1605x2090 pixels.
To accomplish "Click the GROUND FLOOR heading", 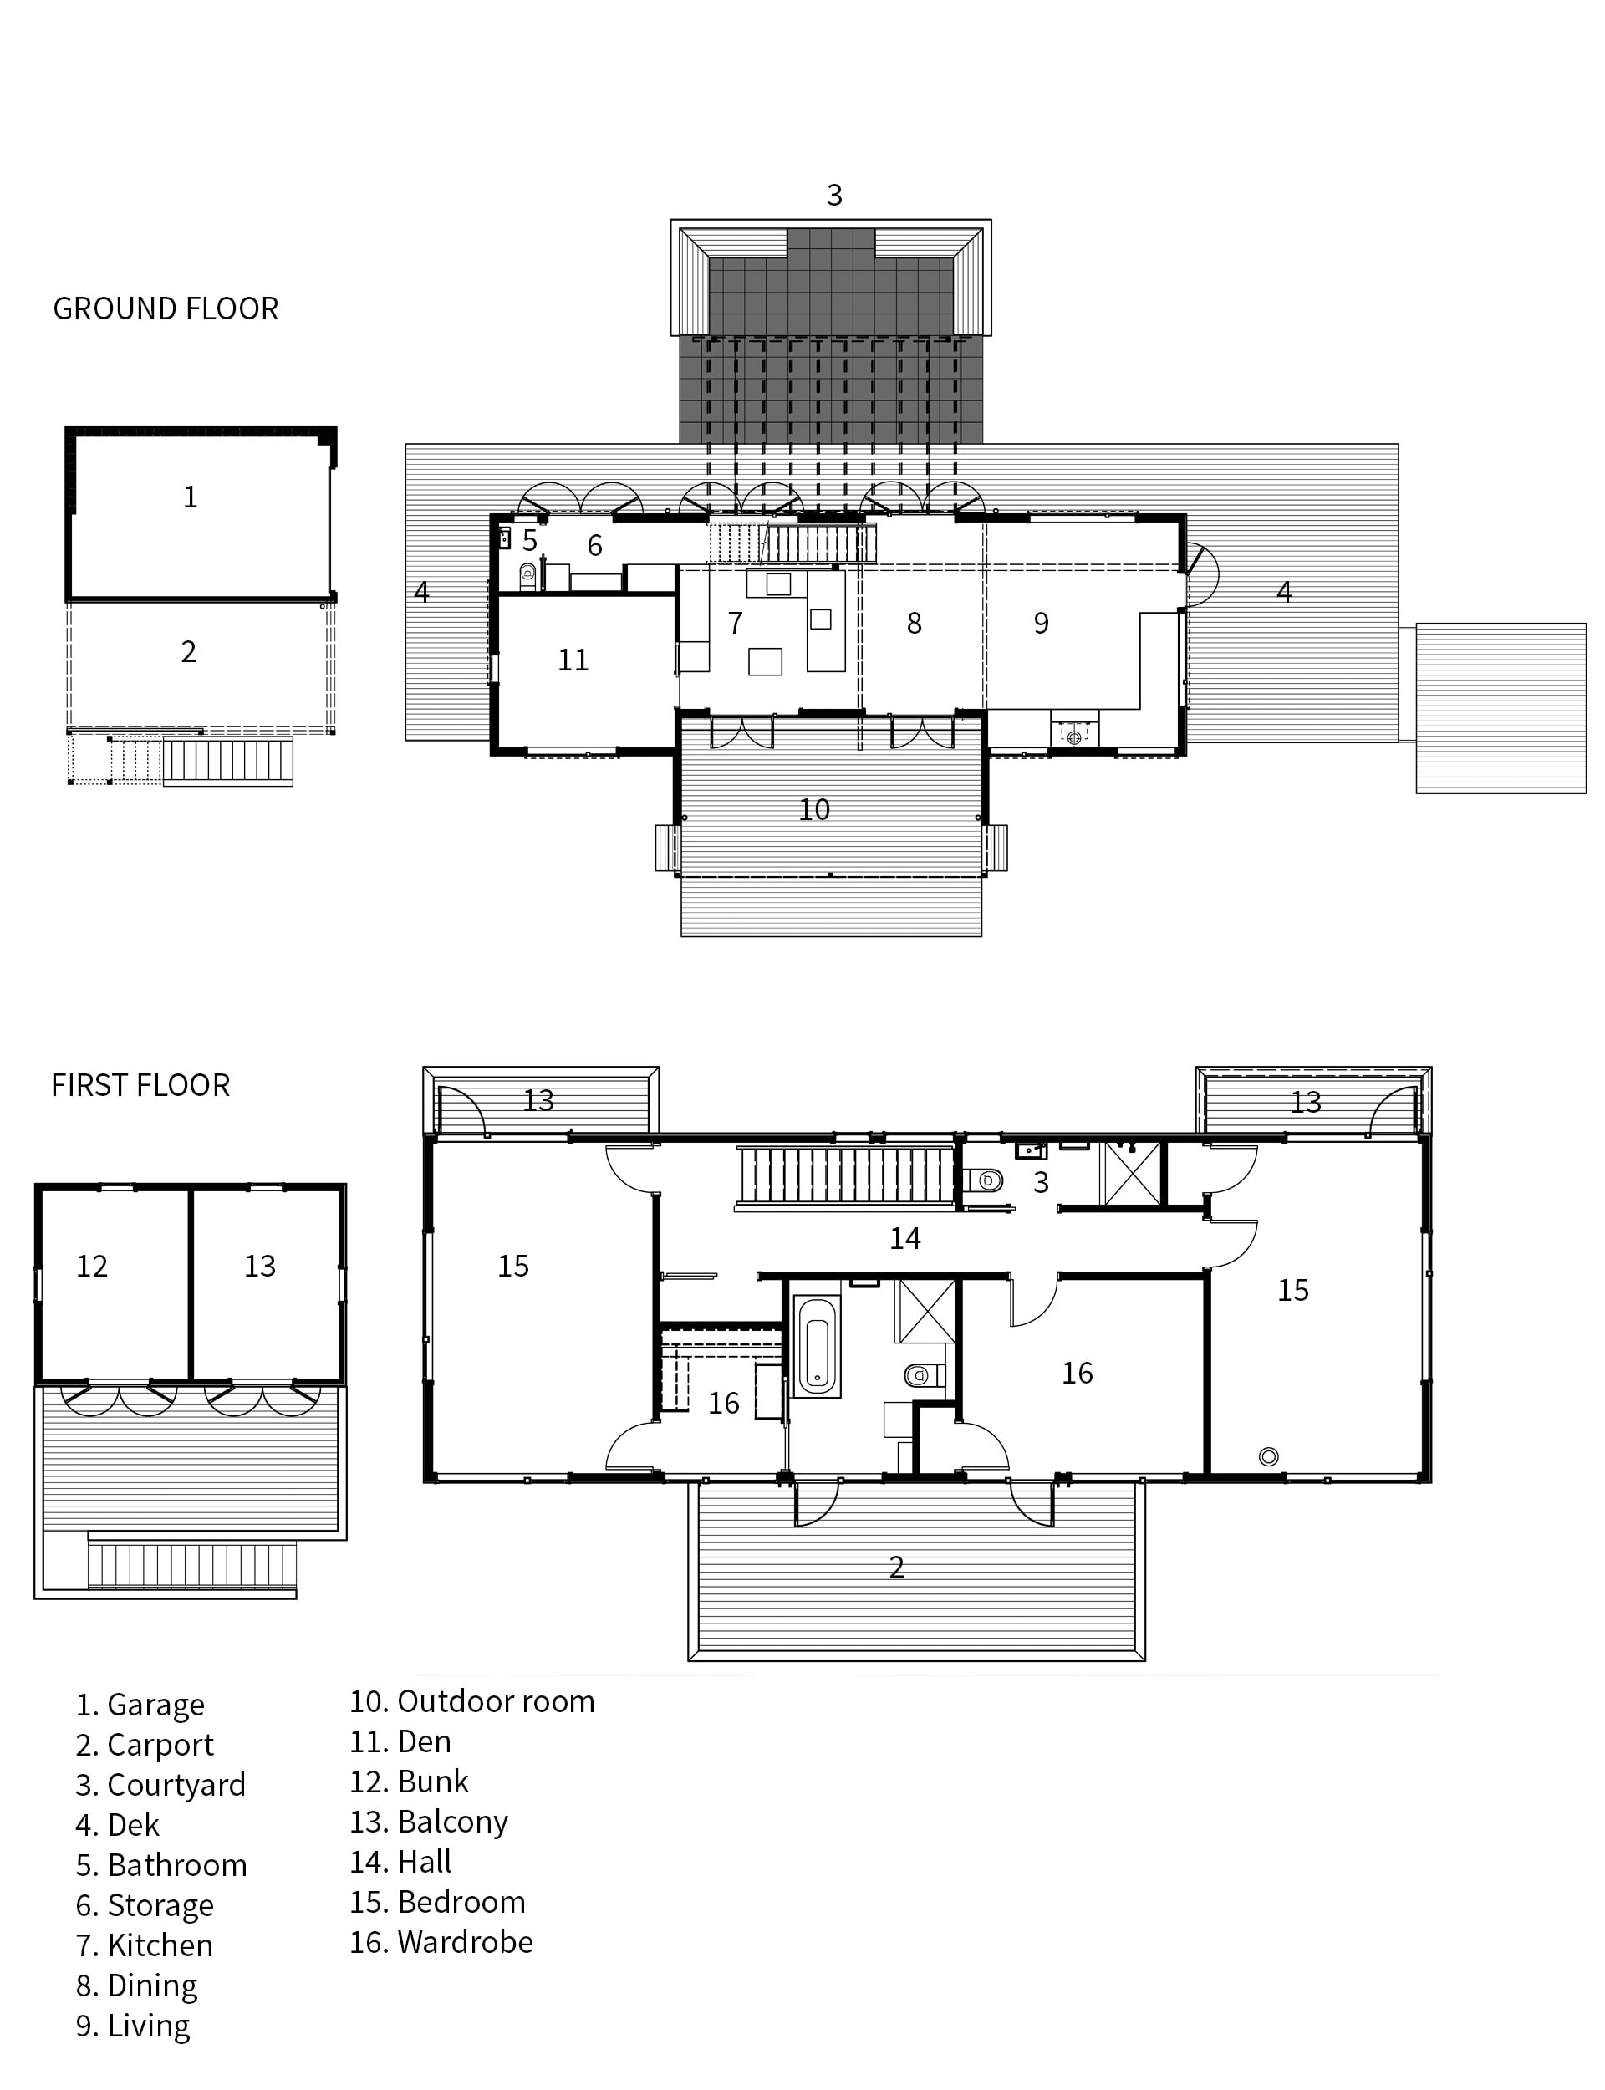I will [166, 308].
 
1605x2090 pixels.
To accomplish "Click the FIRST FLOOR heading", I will [140, 1085].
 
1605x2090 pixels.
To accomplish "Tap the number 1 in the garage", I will [190, 497].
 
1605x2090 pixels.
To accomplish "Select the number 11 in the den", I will [573, 660].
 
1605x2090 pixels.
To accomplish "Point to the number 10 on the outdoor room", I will [814, 810].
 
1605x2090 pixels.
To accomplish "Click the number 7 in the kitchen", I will [735, 624].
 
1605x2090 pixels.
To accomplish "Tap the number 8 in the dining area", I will [915, 624].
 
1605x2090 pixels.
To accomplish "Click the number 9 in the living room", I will [1042, 624].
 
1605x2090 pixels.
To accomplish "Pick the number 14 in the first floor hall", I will [904, 1239].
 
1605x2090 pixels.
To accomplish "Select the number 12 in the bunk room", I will [92, 1267].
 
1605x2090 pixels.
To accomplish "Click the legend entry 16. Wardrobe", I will [441, 1942].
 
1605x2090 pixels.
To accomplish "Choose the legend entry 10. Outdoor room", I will [472, 1701].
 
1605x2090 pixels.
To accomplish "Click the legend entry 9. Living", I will [133, 2026].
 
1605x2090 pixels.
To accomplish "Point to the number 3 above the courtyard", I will [834, 196].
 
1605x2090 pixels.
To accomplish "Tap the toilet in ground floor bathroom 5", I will [527, 574].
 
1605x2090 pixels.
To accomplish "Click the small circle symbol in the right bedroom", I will [1269, 1456].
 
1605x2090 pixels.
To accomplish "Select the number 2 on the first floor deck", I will [896, 1567].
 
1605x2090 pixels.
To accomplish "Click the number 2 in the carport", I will [189, 651].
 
